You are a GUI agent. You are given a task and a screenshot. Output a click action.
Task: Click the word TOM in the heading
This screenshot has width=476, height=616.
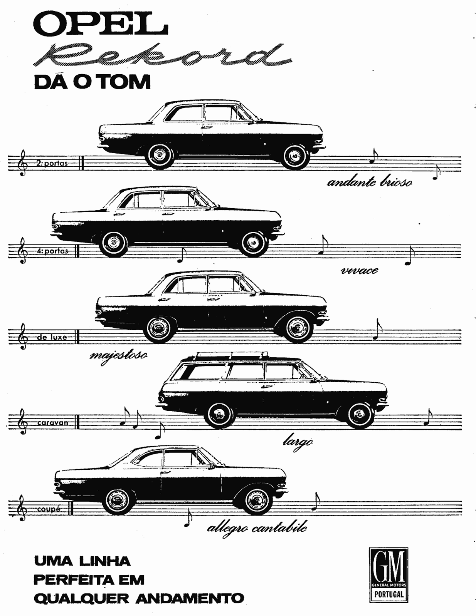coord(127,82)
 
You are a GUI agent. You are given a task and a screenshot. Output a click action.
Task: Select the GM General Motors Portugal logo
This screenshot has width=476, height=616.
coord(388,574)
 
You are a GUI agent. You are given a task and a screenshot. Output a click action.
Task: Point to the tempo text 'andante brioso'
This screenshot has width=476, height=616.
coord(369,182)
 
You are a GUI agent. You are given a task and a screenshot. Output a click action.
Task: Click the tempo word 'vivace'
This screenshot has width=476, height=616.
coord(359,270)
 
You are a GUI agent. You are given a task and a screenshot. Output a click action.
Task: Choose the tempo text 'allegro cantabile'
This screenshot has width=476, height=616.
coord(257,528)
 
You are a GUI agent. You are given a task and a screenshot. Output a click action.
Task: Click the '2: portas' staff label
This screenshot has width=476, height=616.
coord(52,163)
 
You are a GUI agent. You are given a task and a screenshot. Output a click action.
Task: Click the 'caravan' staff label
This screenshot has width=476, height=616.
coord(53,423)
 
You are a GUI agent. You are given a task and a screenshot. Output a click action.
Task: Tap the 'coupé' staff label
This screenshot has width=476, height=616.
coord(49,509)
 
